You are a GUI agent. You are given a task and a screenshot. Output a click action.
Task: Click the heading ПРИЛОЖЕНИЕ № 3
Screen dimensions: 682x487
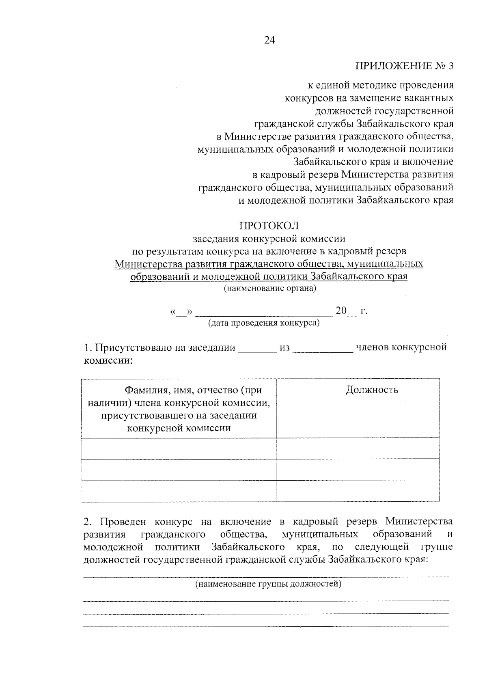coord(403,66)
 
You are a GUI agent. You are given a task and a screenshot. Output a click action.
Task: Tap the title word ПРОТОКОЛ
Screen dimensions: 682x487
coord(269,225)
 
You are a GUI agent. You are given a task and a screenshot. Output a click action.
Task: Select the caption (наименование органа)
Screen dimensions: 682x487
coord(269,289)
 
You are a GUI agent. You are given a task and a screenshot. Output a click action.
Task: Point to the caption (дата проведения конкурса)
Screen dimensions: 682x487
coord(264,323)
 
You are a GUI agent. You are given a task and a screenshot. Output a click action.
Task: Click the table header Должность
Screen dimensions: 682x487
coord(372,390)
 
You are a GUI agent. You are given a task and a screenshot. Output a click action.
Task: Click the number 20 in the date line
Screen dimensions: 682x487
coord(341,311)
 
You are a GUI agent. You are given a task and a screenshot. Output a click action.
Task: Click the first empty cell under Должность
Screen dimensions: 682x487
coord(358,448)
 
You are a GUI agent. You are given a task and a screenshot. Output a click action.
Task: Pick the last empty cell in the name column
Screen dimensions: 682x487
coord(179,491)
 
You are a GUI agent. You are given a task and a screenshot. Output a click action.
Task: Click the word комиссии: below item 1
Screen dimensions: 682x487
coord(108,360)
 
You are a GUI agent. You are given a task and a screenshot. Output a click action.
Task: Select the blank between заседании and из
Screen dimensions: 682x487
coord(257,349)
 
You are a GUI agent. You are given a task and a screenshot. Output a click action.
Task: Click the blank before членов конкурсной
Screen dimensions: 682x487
coord(323,349)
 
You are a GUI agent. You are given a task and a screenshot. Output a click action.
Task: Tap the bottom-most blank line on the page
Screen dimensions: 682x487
coord(266,627)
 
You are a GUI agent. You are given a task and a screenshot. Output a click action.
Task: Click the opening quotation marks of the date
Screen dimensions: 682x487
coord(173,312)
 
